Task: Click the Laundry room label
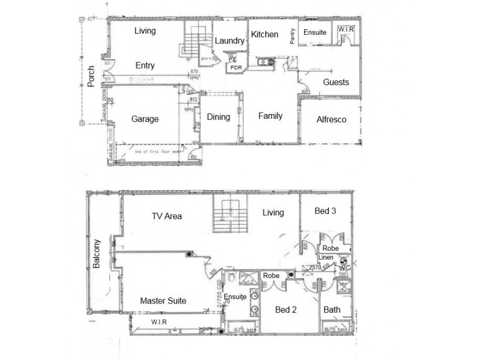(230, 41)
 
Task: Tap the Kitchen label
(265, 34)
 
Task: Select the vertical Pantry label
(293, 37)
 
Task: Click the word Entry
(145, 66)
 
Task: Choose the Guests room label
(336, 82)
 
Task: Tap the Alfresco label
(331, 119)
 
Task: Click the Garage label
(145, 119)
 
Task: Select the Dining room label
(218, 117)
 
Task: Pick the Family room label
(270, 116)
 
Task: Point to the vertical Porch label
(91, 76)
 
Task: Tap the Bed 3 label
(326, 211)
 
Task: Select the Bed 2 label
(286, 310)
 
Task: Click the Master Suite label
(163, 301)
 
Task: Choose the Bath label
(332, 310)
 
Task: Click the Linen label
(326, 257)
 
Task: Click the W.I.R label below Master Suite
(158, 322)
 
